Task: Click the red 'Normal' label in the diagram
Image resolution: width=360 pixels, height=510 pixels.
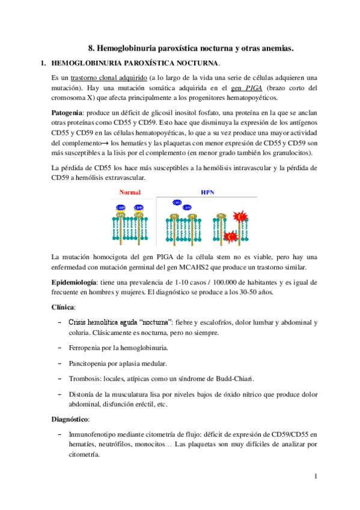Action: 130,192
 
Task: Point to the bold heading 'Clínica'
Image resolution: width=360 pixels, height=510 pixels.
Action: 64,307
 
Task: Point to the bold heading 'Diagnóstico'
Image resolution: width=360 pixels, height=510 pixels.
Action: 71,418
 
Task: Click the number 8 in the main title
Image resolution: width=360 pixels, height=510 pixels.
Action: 91,47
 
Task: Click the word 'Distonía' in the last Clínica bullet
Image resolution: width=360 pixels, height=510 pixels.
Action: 85,395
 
